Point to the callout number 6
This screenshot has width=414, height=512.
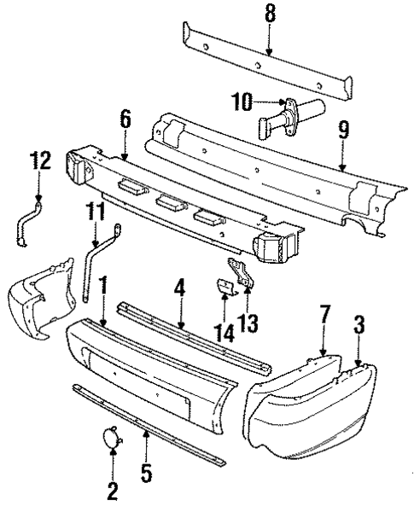point(125,119)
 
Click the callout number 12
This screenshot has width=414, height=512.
point(38,159)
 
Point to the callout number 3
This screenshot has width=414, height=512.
point(359,323)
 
